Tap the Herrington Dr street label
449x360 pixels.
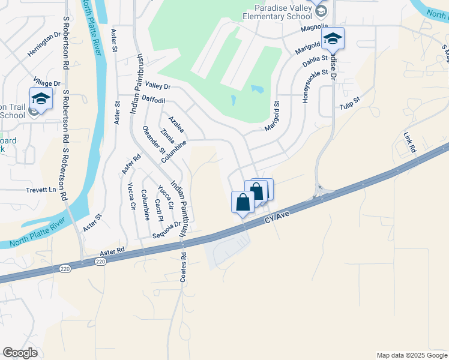pyautogui.click(x=45, y=44)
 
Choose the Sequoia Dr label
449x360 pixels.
pyautogui.click(x=167, y=230)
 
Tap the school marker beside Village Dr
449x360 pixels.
pyautogui.click(x=41, y=99)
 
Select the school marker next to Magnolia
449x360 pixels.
pyautogui.click(x=333, y=40)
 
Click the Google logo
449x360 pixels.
pyautogui.click(x=20, y=353)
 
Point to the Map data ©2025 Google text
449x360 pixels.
pyautogui.click(x=411, y=355)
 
